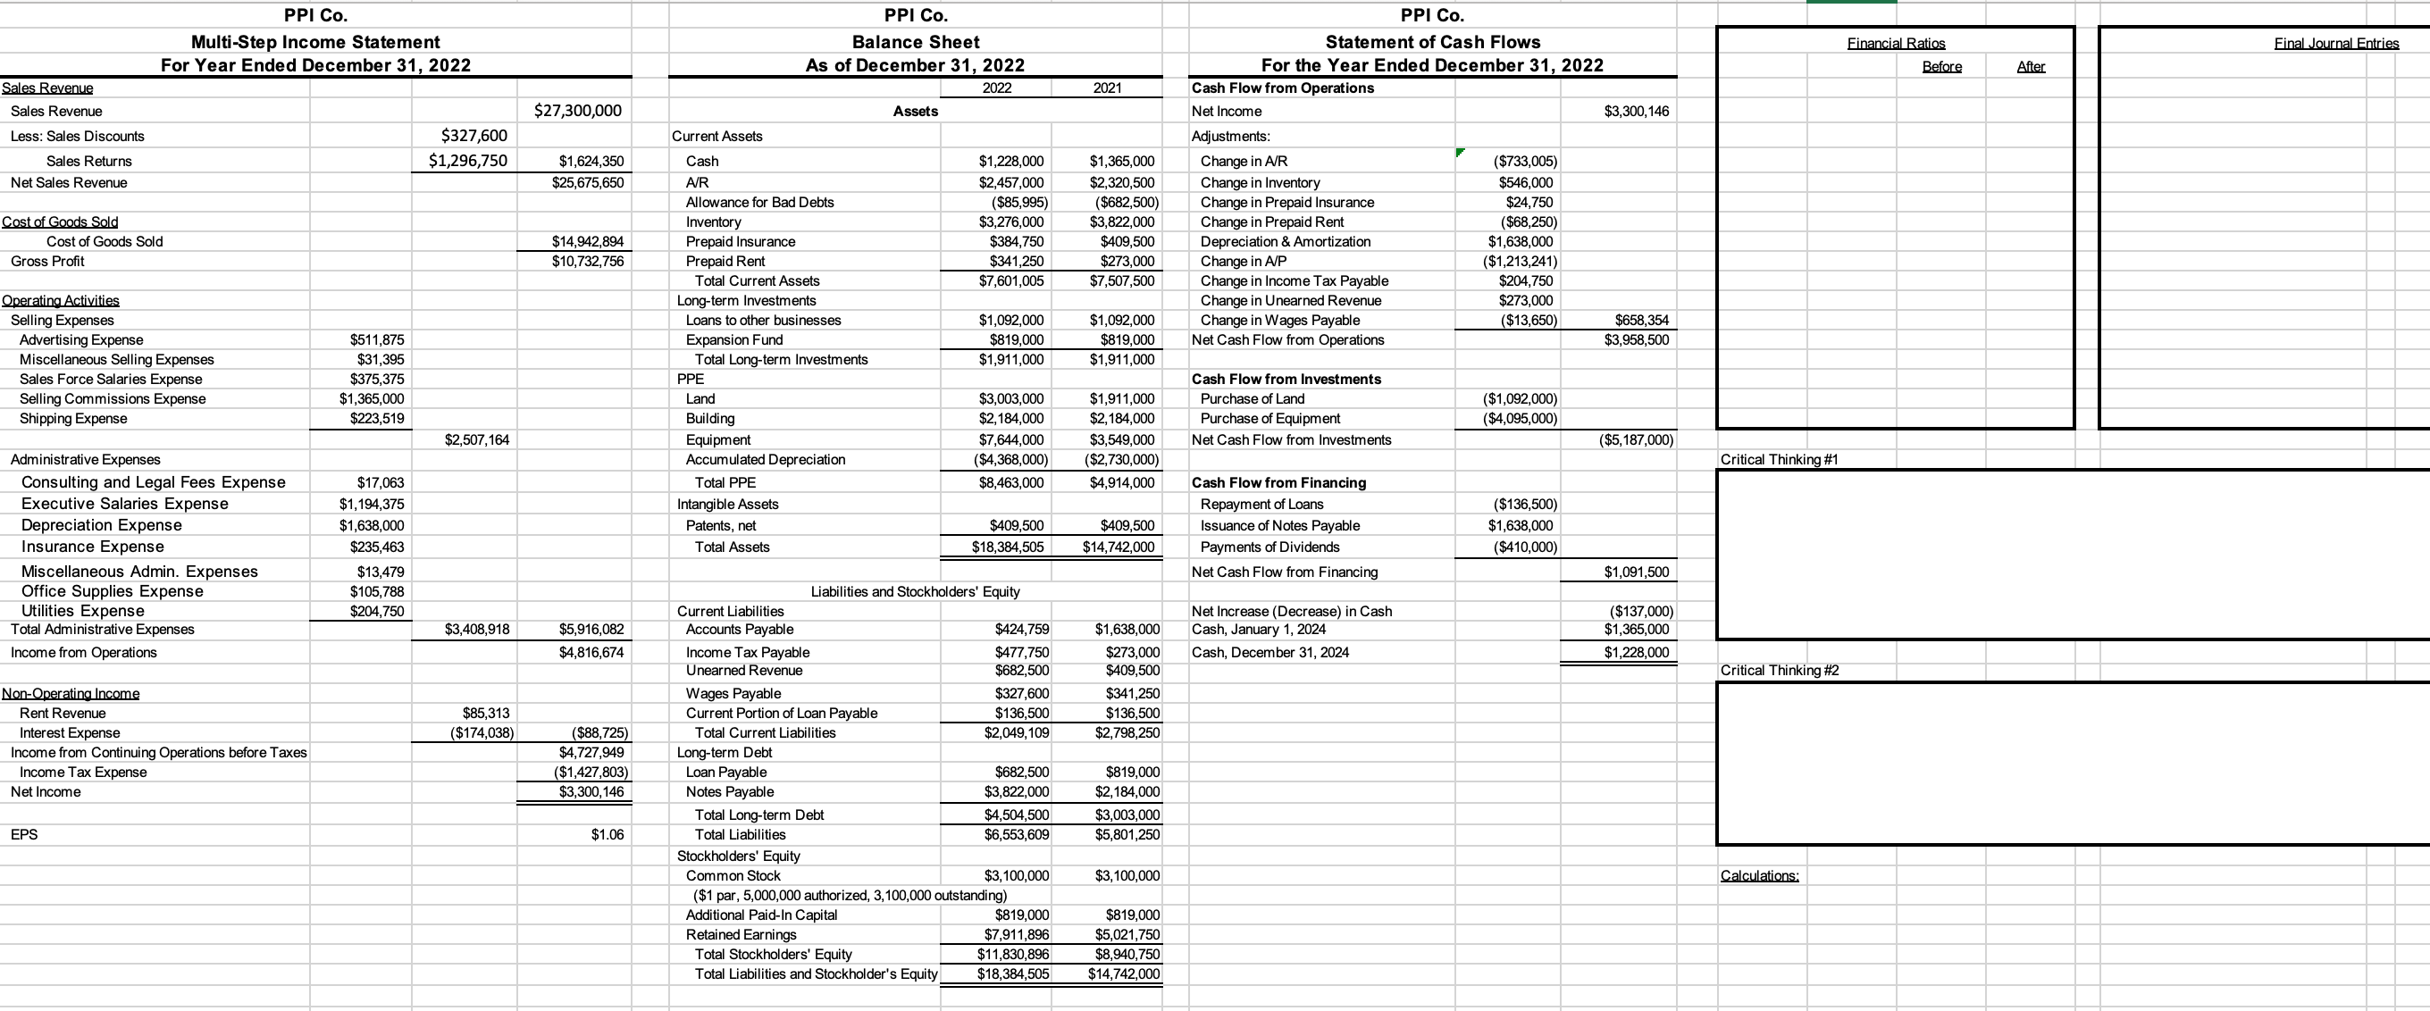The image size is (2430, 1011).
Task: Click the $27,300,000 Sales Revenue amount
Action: click(x=577, y=111)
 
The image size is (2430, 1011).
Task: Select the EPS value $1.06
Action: click(x=607, y=835)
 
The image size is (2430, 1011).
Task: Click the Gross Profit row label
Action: click(x=47, y=262)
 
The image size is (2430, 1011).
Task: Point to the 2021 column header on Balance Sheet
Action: click(x=1107, y=88)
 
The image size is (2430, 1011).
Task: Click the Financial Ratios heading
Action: click(x=1895, y=44)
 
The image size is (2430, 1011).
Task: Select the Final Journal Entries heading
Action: click(x=2335, y=44)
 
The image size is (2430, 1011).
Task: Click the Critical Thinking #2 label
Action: click(x=1779, y=671)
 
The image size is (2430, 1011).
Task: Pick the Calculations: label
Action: click(x=1759, y=876)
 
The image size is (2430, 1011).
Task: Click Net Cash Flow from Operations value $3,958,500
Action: click(x=1636, y=339)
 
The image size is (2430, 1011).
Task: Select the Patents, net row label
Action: click(x=721, y=526)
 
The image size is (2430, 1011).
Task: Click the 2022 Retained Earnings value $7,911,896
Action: click(x=1014, y=934)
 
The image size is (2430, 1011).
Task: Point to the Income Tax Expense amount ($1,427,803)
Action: click(x=591, y=773)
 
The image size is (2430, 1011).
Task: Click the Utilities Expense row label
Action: click(x=83, y=611)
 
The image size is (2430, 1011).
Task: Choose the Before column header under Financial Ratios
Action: click(x=1941, y=66)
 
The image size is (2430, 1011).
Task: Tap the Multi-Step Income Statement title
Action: click(x=315, y=41)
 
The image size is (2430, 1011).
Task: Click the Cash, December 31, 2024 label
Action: click(x=1269, y=653)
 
